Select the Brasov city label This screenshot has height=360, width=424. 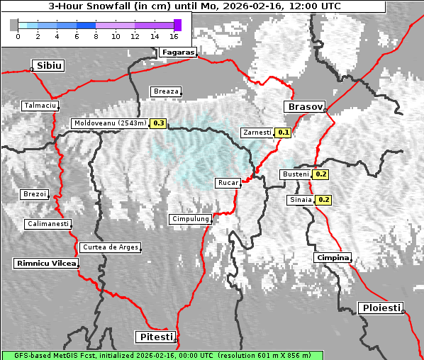[x=304, y=107]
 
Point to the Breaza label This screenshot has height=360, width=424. [x=166, y=91]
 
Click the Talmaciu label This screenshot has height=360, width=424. [x=40, y=106]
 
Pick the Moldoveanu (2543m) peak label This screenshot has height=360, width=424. [x=110, y=123]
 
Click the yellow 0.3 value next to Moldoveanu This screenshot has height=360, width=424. [x=159, y=123]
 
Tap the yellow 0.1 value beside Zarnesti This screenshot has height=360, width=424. [x=284, y=133]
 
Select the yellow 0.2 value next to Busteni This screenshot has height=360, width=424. [x=321, y=174]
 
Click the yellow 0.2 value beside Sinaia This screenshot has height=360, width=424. [x=324, y=200]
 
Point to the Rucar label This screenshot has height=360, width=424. [x=228, y=183]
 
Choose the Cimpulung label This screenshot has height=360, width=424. [x=190, y=220]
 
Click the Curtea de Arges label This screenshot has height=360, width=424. [x=110, y=247]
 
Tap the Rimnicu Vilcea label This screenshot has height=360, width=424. [x=45, y=263]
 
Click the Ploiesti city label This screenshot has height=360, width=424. [x=381, y=308]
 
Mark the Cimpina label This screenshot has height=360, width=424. [x=333, y=257]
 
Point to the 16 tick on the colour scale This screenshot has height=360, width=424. [x=174, y=35]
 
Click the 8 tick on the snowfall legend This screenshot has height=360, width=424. [x=96, y=35]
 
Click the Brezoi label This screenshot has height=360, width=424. [x=34, y=194]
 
